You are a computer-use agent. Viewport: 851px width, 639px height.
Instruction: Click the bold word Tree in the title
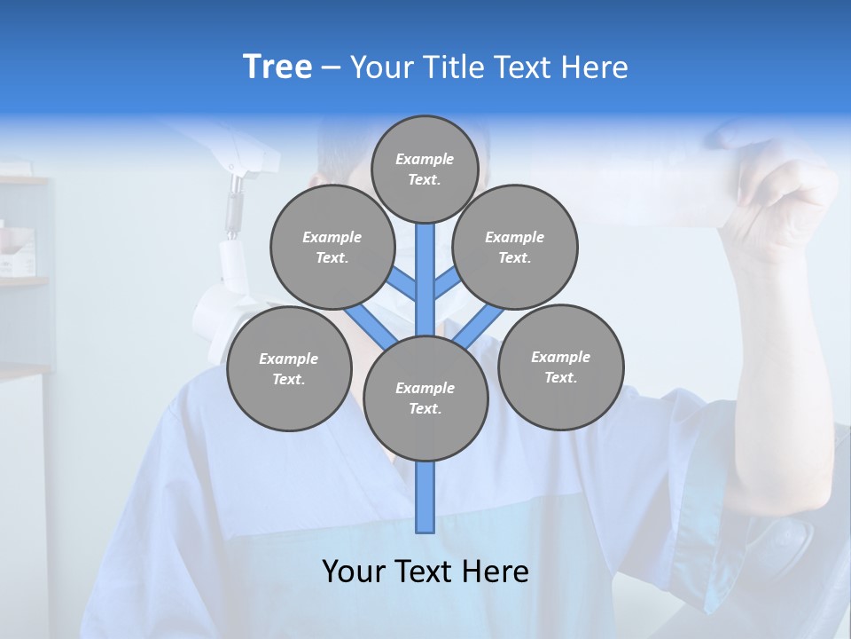277,67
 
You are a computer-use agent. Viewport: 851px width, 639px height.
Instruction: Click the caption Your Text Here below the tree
425,572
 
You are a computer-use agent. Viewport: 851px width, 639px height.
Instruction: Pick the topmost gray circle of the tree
425,169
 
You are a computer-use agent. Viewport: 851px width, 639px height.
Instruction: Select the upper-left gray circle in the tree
332,247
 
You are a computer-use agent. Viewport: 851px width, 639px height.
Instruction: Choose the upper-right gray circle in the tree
514,247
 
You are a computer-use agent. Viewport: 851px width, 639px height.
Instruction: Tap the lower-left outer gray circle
288,368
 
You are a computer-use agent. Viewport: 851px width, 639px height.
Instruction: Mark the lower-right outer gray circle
560,367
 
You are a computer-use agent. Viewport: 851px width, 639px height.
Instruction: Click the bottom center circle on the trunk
425,398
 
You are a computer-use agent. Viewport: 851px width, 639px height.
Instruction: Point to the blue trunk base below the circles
425,497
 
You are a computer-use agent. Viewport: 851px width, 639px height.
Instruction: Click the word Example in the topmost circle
425,159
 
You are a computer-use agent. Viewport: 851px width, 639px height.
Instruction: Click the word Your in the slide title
381,67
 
